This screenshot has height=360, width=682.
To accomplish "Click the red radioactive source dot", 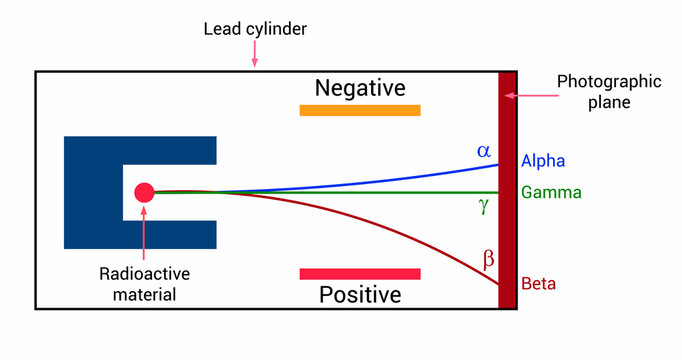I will click(x=144, y=192).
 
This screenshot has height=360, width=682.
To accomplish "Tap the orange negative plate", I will click(x=360, y=110).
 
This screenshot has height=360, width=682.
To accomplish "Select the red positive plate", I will click(x=360, y=273).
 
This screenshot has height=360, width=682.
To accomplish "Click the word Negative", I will click(x=360, y=88).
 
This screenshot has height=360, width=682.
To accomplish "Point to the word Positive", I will click(x=360, y=295).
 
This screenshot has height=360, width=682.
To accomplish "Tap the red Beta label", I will click(x=538, y=284).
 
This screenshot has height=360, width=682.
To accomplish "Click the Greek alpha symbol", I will click(x=484, y=151).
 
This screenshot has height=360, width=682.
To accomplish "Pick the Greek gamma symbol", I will click(x=484, y=206).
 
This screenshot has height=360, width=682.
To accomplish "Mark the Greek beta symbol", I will click(x=488, y=260).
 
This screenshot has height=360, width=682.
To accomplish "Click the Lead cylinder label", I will click(x=256, y=28).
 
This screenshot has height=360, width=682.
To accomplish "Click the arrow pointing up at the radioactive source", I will click(x=144, y=235).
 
